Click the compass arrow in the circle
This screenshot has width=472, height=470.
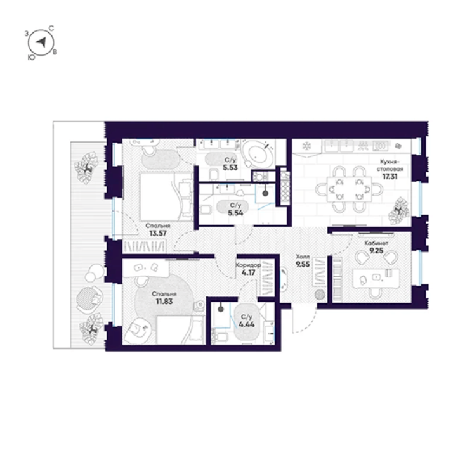pos(41,42)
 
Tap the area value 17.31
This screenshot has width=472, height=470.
pos(390,176)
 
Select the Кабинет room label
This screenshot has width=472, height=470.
pos(376,243)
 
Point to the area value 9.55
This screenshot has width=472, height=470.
pos(303,265)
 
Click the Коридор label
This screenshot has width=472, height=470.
pos(248,265)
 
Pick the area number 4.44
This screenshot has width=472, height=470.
pos(246,324)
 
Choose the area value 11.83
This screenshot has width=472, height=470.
pos(164,301)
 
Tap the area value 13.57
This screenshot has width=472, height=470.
pos(158,233)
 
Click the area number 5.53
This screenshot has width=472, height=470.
pos(230,167)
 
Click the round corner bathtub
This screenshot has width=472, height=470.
pos(258,154)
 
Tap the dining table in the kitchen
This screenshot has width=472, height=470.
pos(349,189)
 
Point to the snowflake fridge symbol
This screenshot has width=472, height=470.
pos(307,146)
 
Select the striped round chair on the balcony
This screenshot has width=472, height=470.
pos(88,299)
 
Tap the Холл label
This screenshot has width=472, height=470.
pos(303,257)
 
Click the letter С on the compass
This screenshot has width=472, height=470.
pos(51,29)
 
